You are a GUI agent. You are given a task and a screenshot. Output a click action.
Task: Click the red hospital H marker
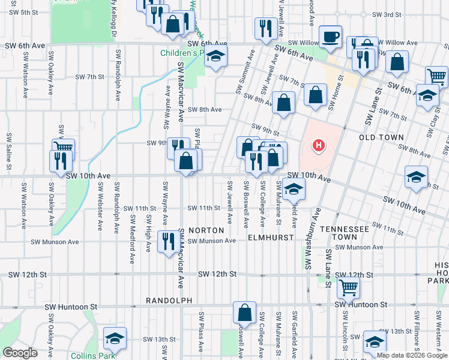click(319, 145)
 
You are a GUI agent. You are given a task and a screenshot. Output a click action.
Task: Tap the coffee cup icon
click(330, 37)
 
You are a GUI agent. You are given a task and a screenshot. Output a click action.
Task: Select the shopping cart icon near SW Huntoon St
click(348, 288)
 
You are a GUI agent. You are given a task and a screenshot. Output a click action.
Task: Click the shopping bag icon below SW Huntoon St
click(244, 312)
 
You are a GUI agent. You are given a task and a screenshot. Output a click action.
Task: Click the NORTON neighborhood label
click(206, 230)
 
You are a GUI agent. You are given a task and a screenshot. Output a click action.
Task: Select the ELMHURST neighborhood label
click(271, 238)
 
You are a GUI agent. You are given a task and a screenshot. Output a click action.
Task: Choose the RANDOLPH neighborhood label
click(169, 300)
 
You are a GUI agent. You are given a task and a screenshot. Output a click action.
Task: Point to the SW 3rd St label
click(386, 14)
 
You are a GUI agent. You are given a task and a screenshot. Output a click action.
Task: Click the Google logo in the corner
click(20, 352)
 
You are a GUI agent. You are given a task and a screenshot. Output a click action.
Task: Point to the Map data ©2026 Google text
click(411, 355)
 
